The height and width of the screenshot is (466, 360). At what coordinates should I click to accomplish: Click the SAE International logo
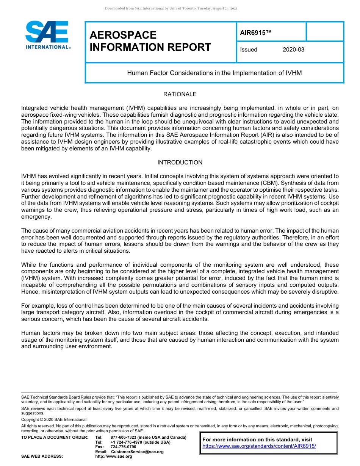(47, 35)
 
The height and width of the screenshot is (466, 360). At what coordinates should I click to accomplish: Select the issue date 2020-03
(293, 50)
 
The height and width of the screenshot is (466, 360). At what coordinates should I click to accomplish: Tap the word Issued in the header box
(249, 50)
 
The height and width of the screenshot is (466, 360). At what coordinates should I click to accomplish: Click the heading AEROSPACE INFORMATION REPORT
(150, 41)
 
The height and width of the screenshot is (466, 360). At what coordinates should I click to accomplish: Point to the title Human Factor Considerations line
(214, 73)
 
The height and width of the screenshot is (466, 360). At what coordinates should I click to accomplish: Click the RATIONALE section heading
(180, 94)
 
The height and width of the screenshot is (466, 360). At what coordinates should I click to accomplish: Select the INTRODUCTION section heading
(180, 162)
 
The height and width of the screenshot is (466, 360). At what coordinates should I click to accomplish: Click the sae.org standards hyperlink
(259, 446)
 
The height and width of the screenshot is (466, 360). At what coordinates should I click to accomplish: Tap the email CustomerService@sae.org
(137, 452)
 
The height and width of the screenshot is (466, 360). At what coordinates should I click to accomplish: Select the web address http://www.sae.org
(114, 457)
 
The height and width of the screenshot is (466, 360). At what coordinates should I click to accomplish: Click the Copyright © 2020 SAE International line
(54, 419)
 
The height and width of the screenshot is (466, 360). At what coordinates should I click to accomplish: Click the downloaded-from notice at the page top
(171, 8)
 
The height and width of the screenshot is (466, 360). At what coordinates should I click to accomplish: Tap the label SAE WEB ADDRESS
(42, 457)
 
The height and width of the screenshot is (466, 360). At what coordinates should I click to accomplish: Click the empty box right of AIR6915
(324, 31)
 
